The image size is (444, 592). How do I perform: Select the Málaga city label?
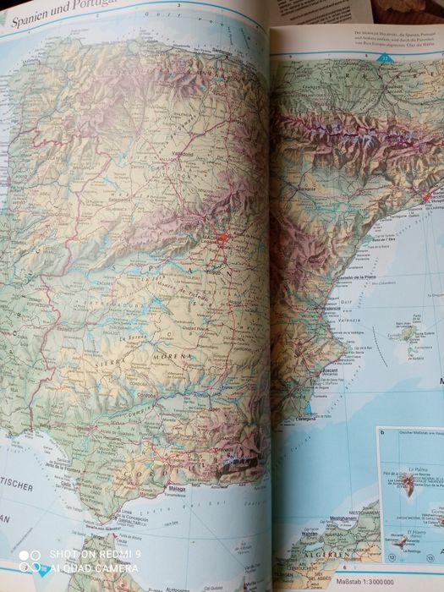pyautogui.click(x=177, y=489)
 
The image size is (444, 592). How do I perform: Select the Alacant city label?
pyautogui.click(x=325, y=370)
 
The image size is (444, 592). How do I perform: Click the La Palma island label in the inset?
pyautogui.click(x=414, y=469)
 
